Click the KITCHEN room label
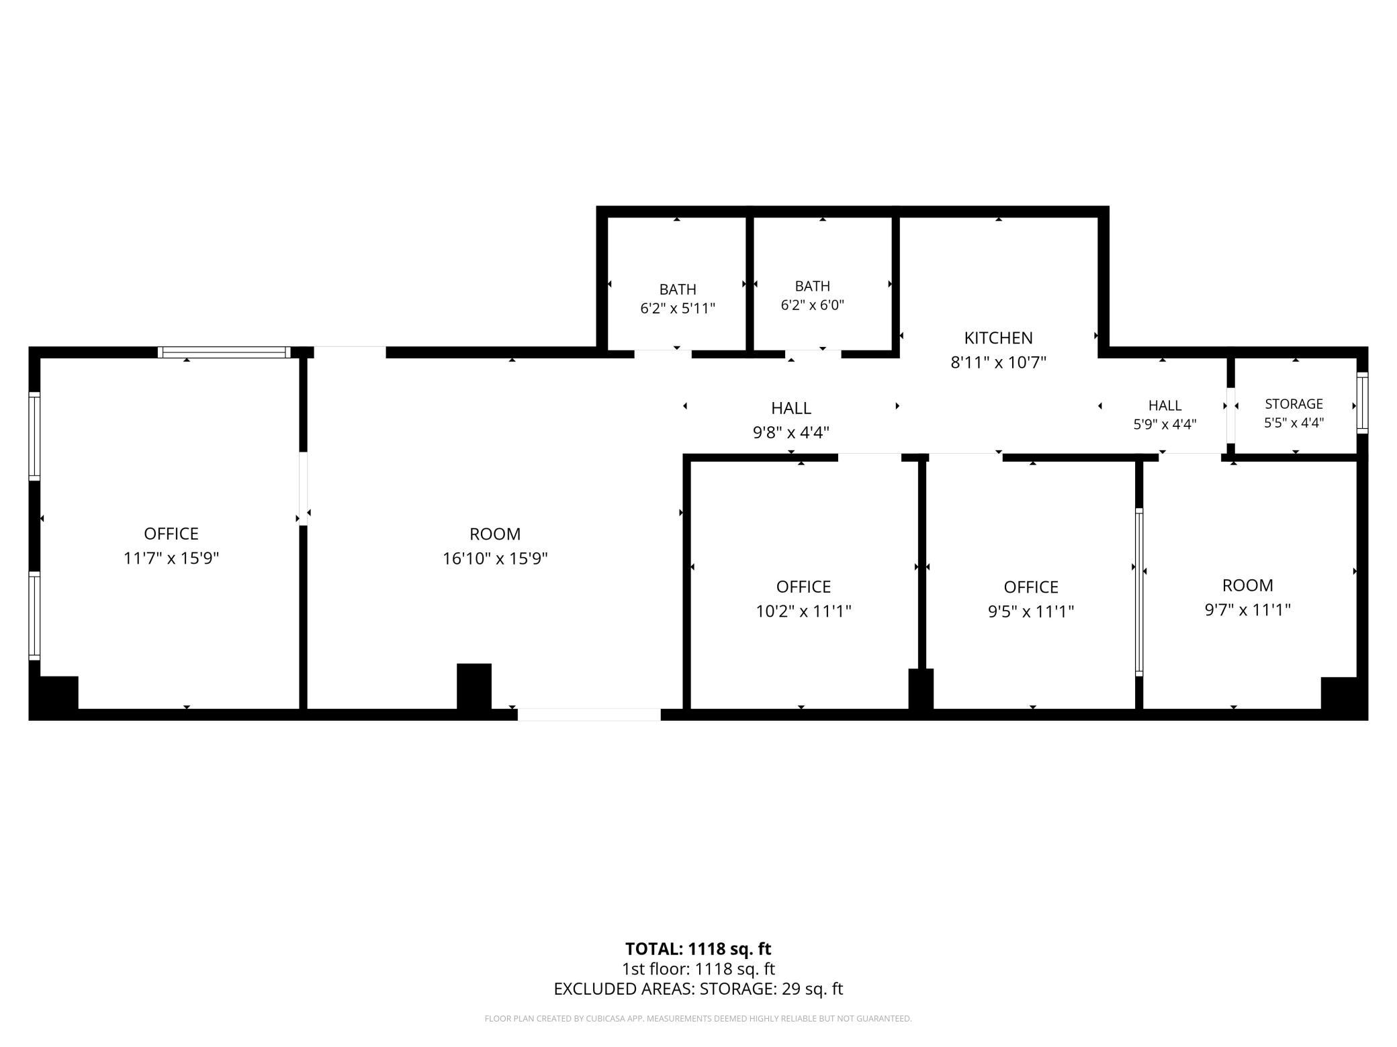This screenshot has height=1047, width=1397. point(998,338)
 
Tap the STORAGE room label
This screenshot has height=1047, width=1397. point(1294,404)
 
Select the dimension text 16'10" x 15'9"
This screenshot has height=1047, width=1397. point(495,558)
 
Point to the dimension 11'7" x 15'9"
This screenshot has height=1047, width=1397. point(171,558)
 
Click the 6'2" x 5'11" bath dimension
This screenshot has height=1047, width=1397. point(678,308)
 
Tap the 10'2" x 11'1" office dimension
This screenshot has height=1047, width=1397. point(803,611)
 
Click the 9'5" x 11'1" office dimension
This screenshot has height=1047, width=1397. point(1031,611)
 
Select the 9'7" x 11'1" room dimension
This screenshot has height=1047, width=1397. point(1247,609)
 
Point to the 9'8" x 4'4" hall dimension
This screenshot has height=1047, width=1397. point(791,432)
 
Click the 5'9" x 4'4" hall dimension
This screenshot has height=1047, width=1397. point(1165,424)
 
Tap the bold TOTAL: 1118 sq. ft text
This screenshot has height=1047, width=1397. point(698,949)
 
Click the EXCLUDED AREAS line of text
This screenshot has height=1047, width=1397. point(698,989)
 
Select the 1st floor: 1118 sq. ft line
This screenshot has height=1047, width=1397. point(698,969)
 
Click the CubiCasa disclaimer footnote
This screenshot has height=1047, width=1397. point(698,1019)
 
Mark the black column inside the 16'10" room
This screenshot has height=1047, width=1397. point(474,686)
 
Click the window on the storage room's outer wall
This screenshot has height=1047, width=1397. point(1362,403)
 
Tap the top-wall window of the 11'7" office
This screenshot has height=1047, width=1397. point(225,352)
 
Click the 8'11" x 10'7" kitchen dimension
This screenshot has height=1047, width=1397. point(998,363)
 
